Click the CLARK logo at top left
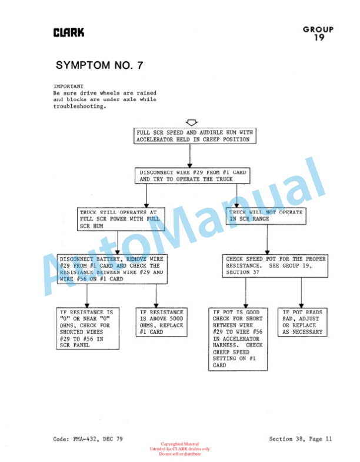coord(69,32)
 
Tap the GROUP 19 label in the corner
coord(318,33)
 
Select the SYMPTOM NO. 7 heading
coord(99,65)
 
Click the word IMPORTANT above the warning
coord(68,87)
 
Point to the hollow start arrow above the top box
coord(191,122)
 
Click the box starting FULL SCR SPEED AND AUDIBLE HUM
coord(194,136)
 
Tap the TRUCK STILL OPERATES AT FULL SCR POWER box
coord(121,219)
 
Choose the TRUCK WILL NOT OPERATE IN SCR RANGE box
coord(266,215)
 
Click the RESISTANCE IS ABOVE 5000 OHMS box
coord(161,321)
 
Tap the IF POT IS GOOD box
coord(238,338)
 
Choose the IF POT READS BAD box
coord(302,321)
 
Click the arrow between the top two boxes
coord(190,156)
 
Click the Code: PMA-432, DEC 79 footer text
coord(88,439)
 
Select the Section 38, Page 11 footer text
coord(301,439)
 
